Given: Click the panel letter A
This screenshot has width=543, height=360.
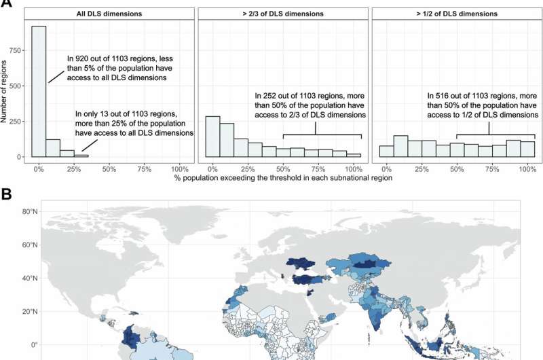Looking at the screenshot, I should pos(5,3).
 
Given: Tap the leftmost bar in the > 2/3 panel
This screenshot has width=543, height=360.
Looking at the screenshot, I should pos(213,137).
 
